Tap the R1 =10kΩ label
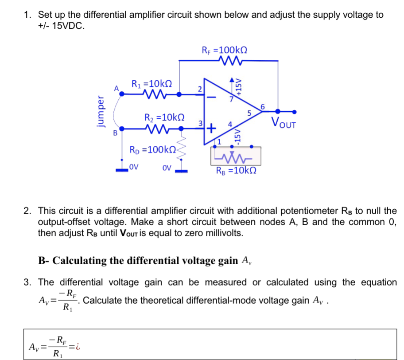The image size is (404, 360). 151,83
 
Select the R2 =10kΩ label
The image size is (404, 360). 165,118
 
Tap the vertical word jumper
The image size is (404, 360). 101,113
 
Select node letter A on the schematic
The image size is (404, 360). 117,88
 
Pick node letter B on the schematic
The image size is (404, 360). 116,132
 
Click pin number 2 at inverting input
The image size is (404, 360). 200,88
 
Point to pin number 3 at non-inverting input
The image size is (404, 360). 200,123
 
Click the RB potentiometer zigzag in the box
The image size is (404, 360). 235,157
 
